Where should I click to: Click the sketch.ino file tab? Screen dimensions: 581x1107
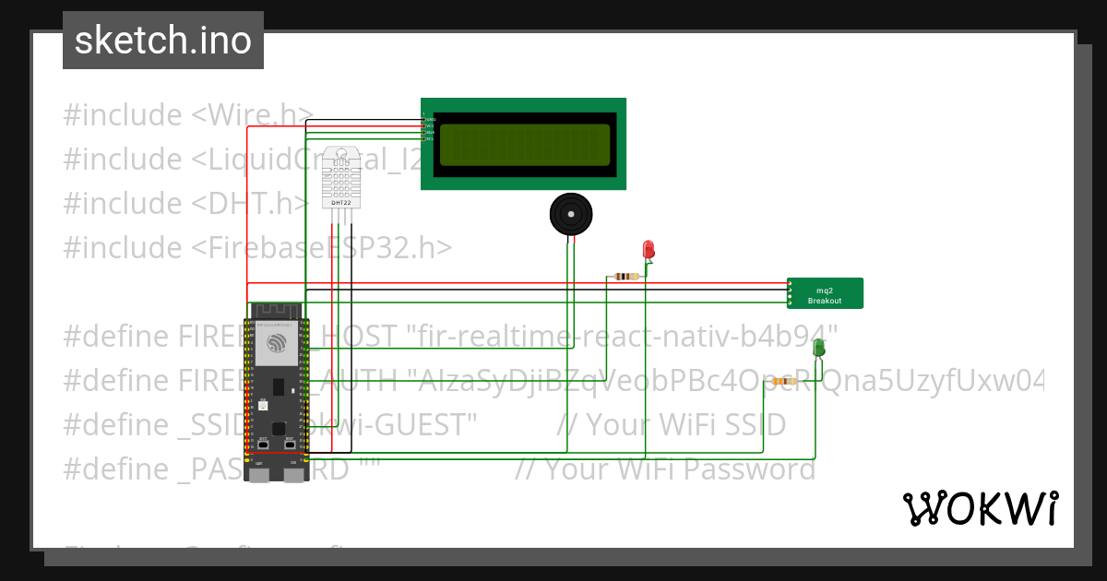point(163,41)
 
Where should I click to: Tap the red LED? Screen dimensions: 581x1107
point(648,249)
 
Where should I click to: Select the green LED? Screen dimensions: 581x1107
point(818,348)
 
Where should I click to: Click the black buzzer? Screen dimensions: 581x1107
point(571,215)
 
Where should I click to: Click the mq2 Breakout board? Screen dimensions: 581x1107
point(825,293)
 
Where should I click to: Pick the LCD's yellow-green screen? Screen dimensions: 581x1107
point(524,144)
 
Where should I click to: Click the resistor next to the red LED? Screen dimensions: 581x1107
point(626,276)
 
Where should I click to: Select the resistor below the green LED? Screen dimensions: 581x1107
point(785,381)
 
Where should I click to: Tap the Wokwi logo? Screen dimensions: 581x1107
point(980,508)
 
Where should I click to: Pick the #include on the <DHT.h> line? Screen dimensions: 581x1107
point(123,203)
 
